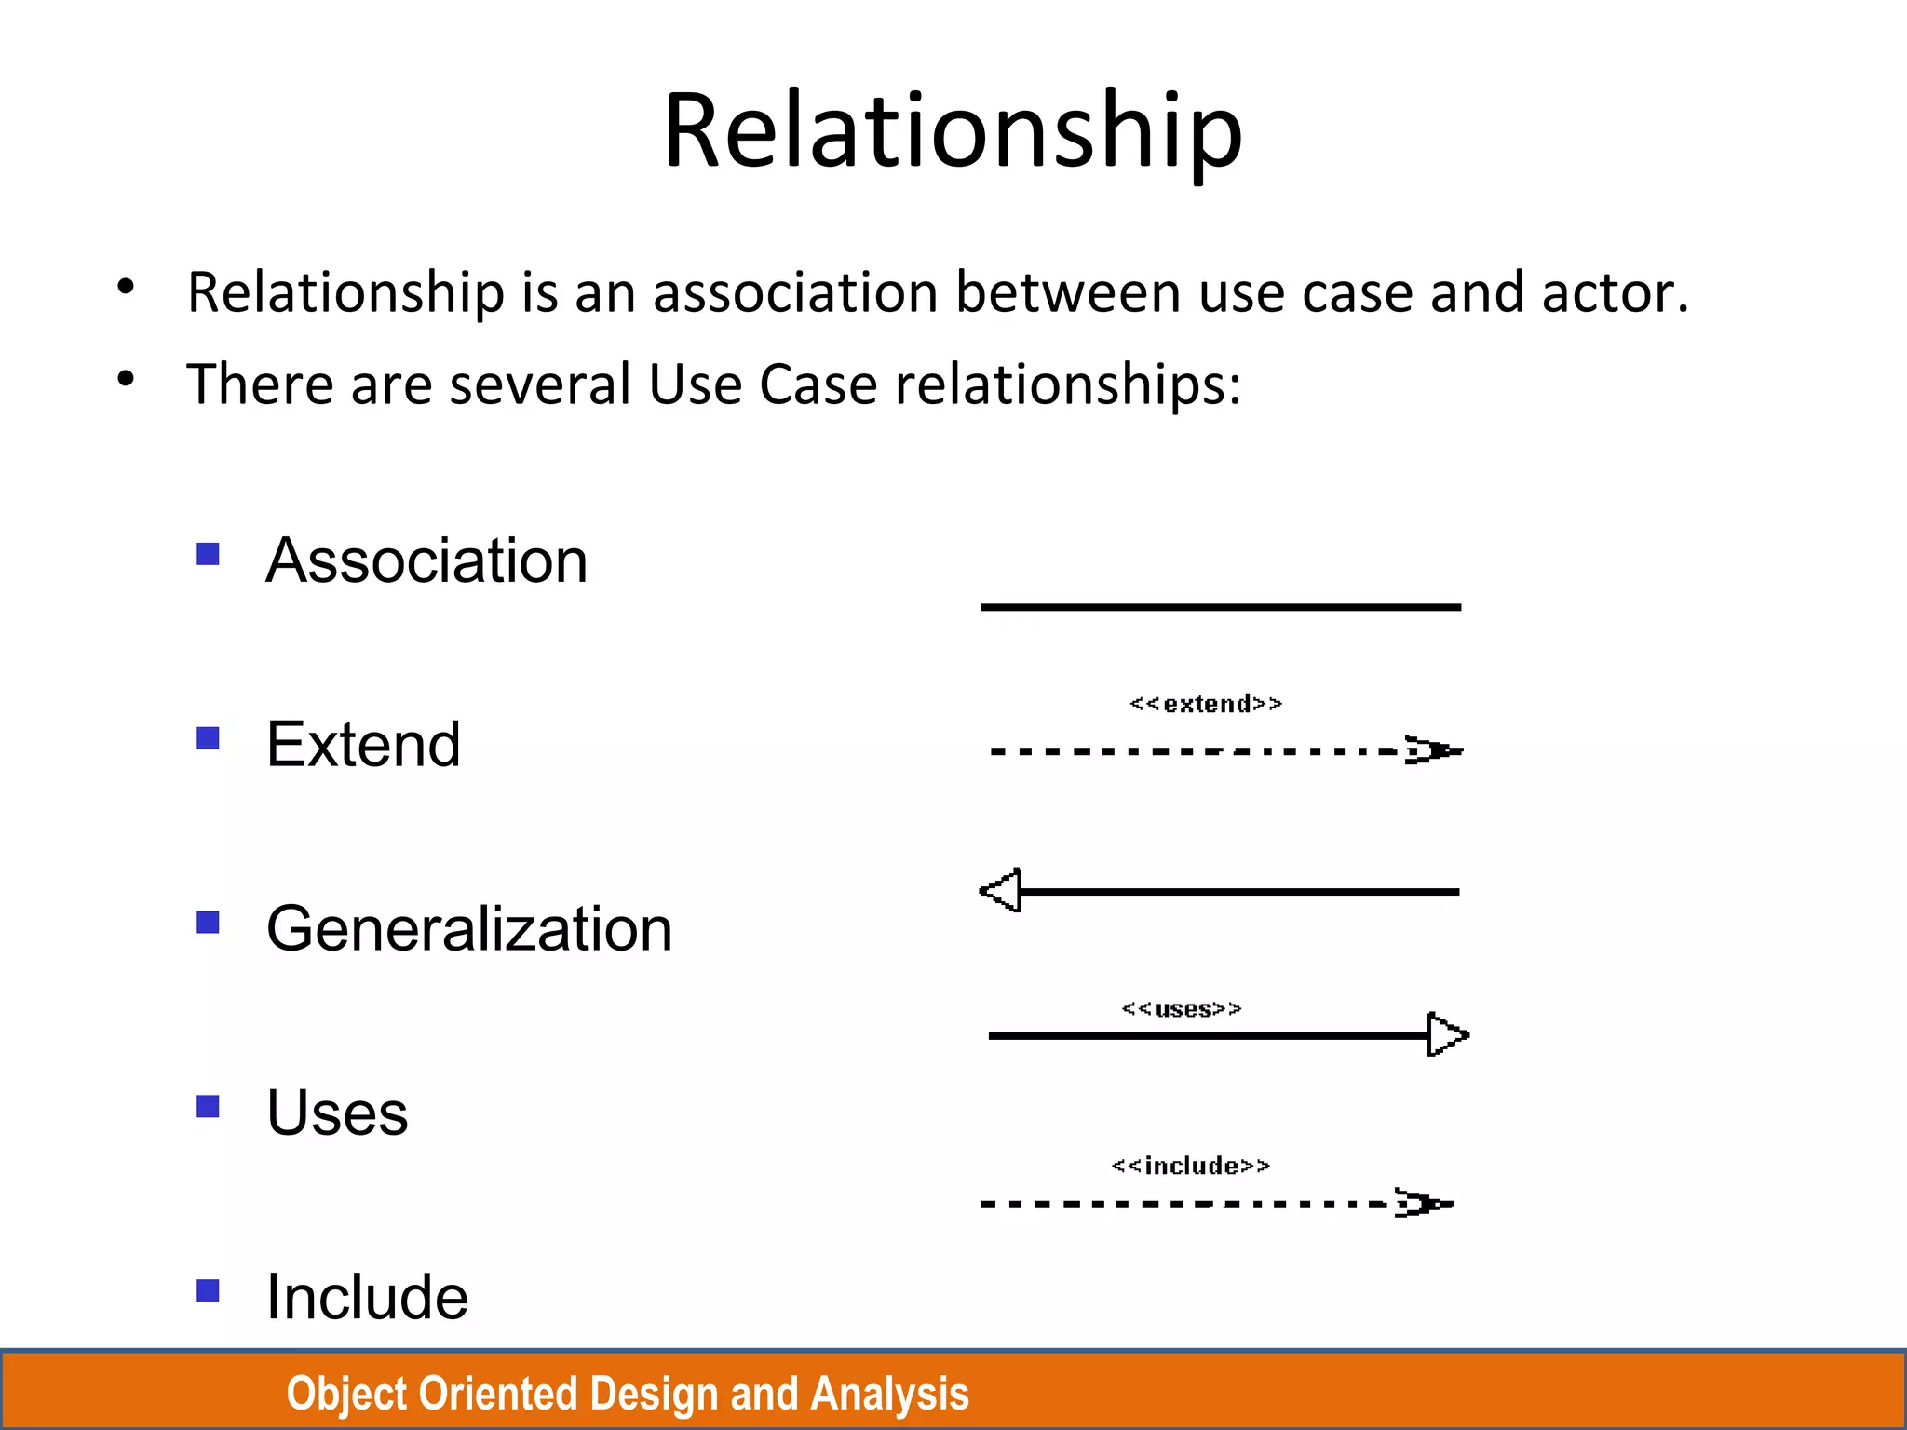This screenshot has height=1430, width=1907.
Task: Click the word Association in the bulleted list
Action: tap(426, 560)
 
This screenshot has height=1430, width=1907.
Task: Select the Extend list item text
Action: tap(363, 745)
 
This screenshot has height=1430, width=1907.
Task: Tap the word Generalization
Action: tap(469, 929)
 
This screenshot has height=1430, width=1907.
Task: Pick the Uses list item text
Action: tap(337, 1113)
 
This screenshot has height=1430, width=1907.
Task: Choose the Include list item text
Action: tap(367, 1296)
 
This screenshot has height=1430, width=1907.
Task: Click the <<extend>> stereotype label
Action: tap(1206, 704)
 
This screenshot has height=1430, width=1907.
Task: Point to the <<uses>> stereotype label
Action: tap(1182, 1009)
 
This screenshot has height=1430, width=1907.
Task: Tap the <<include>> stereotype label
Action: tap(1191, 1166)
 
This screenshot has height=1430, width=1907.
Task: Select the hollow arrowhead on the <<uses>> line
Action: tap(1446, 1034)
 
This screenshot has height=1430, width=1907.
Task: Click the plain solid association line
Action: tap(1220, 607)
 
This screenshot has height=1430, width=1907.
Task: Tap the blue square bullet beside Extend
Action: tap(208, 738)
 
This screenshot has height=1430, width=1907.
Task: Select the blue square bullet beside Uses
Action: tap(208, 1106)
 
